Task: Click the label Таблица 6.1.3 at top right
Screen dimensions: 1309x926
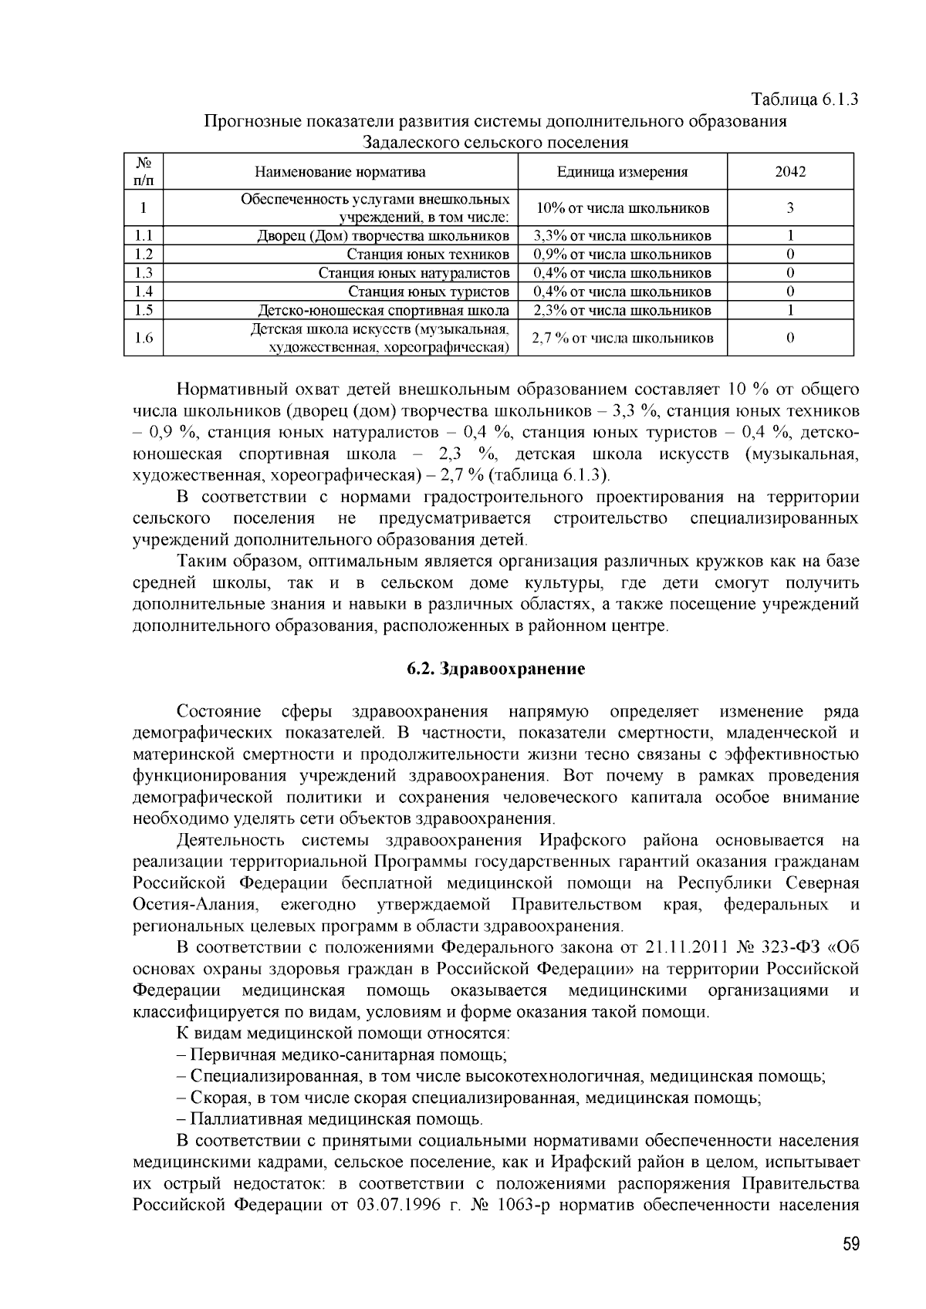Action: (806, 100)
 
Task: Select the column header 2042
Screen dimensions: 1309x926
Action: (790, 172)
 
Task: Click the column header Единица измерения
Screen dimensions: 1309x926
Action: (622, 172)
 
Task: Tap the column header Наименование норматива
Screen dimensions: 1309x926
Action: (340, 172)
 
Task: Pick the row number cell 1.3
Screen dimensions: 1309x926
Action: (144, 273)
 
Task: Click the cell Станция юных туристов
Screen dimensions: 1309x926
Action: (428, 292)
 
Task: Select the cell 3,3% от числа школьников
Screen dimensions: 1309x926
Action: (622, 236)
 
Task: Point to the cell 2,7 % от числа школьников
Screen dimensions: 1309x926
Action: (622, 339)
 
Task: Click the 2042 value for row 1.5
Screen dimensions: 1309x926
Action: (790, 310)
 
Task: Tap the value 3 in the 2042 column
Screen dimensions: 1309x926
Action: (790, 208)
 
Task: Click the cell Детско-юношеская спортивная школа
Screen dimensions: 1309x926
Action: (383, 311)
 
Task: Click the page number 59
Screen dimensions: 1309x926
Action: (850, 1244)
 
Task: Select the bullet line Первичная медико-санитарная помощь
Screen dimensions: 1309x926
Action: (347, 1054)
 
